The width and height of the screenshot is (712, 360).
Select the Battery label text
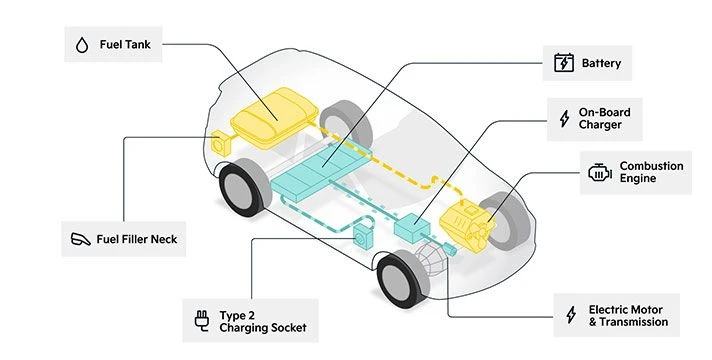pos(601,64)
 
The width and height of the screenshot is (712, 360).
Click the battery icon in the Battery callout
pos(564,64)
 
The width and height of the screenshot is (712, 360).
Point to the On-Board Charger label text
pos(604,119)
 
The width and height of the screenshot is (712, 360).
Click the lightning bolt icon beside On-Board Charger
pos(565,119)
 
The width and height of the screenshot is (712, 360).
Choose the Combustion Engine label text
pos(651,172)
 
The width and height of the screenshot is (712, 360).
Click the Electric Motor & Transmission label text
pos(633,316)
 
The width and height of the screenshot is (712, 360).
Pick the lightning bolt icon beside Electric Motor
pos(571,316)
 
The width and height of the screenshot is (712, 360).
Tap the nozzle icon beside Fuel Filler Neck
pos(81,239)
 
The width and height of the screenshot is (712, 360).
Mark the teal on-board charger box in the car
pos(410,228)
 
